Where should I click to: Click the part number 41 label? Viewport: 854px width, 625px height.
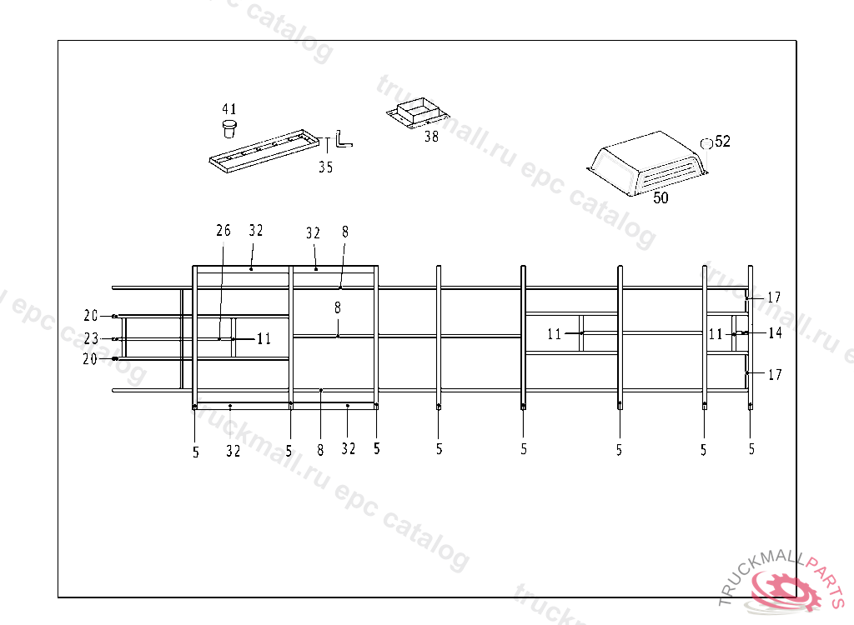coord(229,109)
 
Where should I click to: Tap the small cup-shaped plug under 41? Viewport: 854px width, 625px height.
coord(229,128)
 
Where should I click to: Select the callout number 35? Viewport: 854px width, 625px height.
coord(325,167)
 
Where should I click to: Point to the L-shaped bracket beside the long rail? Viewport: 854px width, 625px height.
coord(343,139)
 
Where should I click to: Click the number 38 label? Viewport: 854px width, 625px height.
coord(431,137)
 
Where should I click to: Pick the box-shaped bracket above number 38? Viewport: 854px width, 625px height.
coord(419,112)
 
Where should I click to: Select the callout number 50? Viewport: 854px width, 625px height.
coord(661,198)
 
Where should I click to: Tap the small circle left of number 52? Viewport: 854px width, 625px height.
coord(706,142)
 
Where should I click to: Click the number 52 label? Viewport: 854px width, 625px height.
coord(722,142)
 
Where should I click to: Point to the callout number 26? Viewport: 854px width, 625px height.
coord(223,230)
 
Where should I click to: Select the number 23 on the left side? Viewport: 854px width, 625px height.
coord(91,339)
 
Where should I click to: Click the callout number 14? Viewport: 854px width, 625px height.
coord(775,333)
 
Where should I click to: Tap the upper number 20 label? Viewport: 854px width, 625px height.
coord(91,316)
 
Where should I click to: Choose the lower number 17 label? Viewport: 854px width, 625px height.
coord(775,375)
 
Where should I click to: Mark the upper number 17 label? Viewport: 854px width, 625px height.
coord(774,297)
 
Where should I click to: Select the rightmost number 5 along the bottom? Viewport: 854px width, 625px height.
coord(751,449)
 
